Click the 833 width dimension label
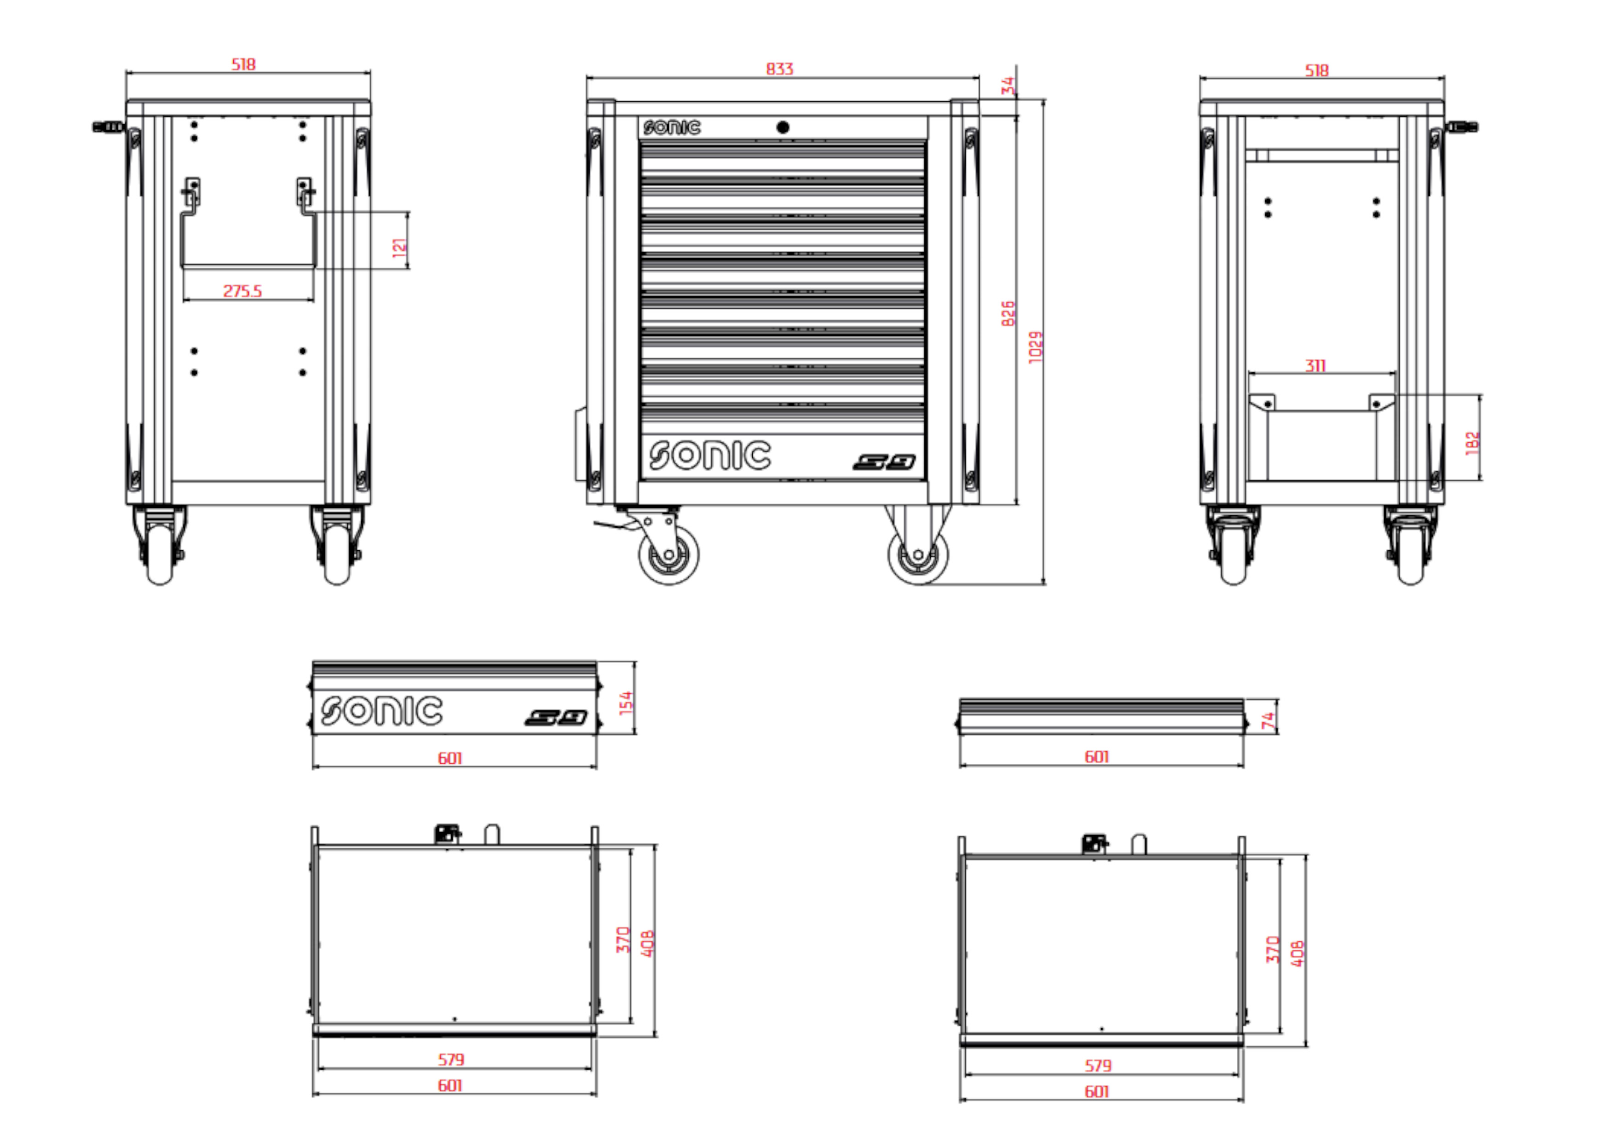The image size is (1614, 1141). coord(779,69)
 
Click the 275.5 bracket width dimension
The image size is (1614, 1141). coord(242,291)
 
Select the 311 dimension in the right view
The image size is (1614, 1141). coord(1315,366)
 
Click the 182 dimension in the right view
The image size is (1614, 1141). coord(1472,443)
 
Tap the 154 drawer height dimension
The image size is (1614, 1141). coord(626,703)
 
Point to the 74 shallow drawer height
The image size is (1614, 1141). coord(1268,720)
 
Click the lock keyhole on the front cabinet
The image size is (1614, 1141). coord(783,127)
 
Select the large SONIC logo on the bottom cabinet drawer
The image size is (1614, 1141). coord(709,455)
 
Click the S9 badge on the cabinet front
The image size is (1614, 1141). coord(884,462)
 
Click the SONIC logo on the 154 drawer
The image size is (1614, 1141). coord(382,711)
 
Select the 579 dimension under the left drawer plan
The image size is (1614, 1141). coord(450,1059)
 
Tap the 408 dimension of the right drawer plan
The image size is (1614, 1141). coord(1297,953)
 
